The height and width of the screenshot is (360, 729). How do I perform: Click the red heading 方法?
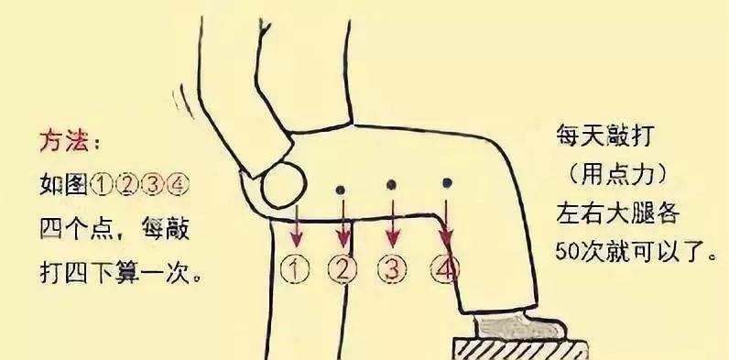64,140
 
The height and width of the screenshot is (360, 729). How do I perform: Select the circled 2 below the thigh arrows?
343,269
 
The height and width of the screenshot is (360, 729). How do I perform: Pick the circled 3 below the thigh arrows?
392,269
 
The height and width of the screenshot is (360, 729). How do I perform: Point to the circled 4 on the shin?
444,268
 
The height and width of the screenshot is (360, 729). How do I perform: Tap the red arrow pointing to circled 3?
393,224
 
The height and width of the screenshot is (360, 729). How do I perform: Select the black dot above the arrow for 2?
341,190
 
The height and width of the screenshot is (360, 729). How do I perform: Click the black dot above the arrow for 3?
391,185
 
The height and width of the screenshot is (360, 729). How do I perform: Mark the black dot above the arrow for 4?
447,183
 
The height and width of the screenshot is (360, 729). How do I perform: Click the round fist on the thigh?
284,184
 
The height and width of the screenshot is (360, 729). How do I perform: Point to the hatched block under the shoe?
520,349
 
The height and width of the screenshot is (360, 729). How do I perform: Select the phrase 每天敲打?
605,136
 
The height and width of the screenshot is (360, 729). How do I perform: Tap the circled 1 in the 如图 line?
101,185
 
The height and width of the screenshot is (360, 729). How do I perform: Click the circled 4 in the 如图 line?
178,185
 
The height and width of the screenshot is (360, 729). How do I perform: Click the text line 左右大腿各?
618,214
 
